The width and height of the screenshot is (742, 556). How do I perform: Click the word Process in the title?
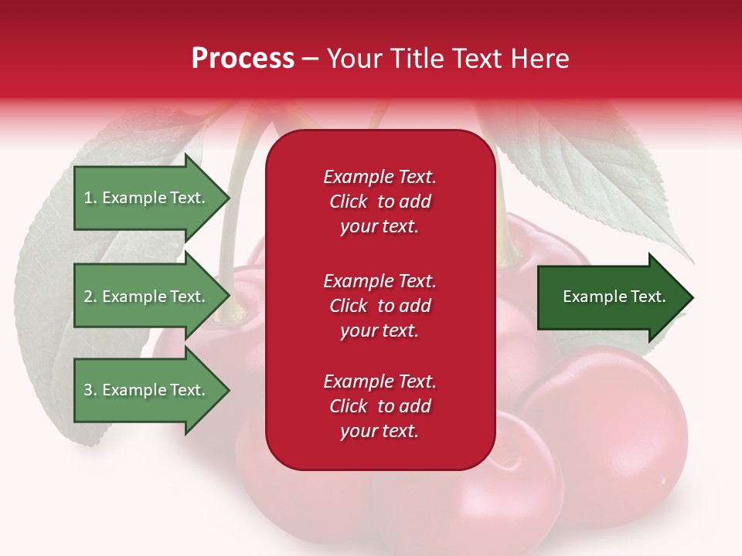(x=243, y=59)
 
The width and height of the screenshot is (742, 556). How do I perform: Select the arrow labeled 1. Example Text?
(x=144, y=198)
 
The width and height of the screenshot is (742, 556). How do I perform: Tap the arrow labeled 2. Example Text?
(x=144, y=297)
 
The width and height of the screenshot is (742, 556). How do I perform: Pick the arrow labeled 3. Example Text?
(x=144, y=390)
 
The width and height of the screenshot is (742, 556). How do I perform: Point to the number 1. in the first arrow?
(x=90, y=198)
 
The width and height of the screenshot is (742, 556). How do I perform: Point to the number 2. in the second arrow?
(x=90, y=297)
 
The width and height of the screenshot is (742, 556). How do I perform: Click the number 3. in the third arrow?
(x=90, y=390)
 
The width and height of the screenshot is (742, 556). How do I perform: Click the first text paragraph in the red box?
(x=380, y=202)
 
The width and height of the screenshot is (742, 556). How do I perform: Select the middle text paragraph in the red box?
(x=380, y=306)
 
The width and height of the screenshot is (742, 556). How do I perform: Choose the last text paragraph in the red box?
(x=380, y=406)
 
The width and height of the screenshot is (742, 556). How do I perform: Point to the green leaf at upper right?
(x=611, y=178)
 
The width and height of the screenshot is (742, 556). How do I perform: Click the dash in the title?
(x=311, y=59)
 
